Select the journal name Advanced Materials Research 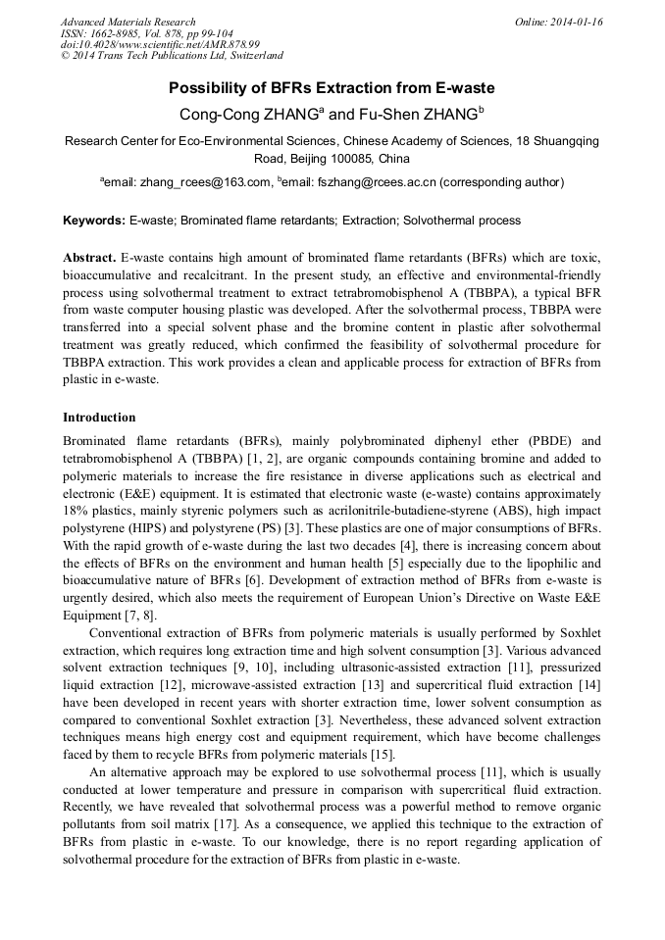point(128,22)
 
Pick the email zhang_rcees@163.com point(206,182)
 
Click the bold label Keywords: point(94,221)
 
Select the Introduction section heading point(99,418)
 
